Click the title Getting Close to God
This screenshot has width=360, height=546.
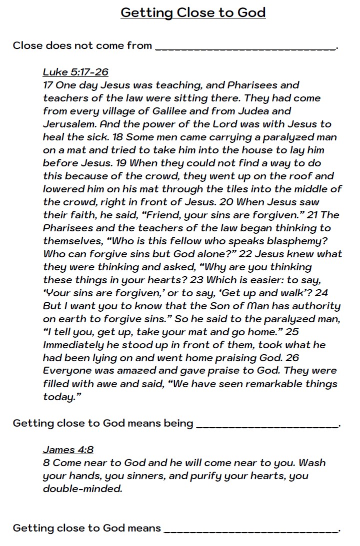[193, 12]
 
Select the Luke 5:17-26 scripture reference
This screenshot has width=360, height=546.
[75, 72]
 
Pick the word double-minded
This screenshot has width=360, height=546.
[82, 489]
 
